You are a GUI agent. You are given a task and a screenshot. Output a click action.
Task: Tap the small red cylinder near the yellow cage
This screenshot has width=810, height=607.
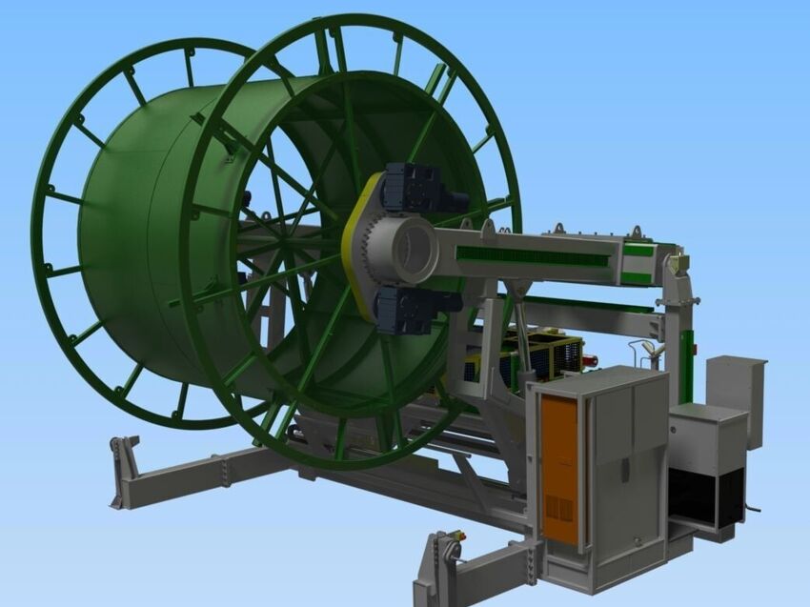[591, 360]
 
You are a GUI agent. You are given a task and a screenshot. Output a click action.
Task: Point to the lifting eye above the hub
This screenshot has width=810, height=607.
[488, 227]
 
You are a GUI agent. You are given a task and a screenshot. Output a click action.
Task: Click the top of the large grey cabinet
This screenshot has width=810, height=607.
[596, 378]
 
